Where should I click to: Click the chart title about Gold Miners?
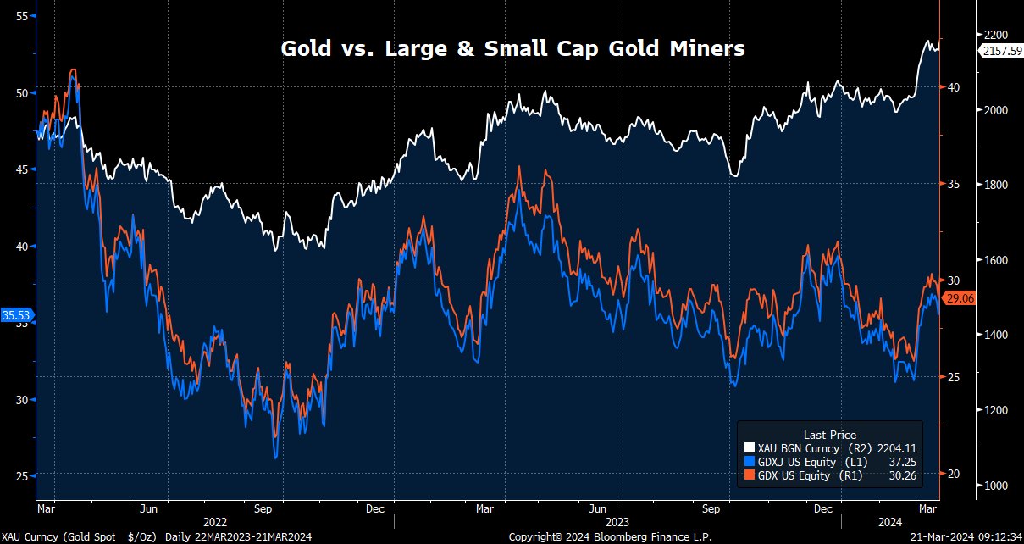512,49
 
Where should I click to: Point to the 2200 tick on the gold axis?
995,35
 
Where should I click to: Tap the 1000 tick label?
995,486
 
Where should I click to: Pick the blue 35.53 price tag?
16,315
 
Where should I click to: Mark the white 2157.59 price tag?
1000,51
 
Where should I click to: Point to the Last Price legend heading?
829,435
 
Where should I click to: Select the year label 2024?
889,523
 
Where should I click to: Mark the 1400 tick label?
995,336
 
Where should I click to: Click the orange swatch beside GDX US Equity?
748,476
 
